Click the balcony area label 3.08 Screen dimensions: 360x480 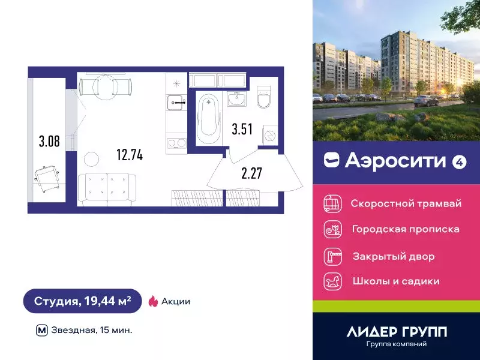[x=49, y=142]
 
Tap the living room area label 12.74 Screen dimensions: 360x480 [x=129, y=155]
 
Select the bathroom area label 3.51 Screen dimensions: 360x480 [x=242, y=129]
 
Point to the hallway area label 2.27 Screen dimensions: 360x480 [x=252, y=173]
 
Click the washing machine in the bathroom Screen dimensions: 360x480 [x=270, y=135]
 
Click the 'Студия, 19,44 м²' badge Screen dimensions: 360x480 [x=82, y=301]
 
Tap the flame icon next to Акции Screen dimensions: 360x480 [x=152, y=301]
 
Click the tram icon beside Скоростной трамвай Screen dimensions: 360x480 [x=332, y=203]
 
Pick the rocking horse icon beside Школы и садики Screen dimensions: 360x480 [x=332, y=281]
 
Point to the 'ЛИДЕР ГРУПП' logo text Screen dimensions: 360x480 [x=397, y=332]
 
